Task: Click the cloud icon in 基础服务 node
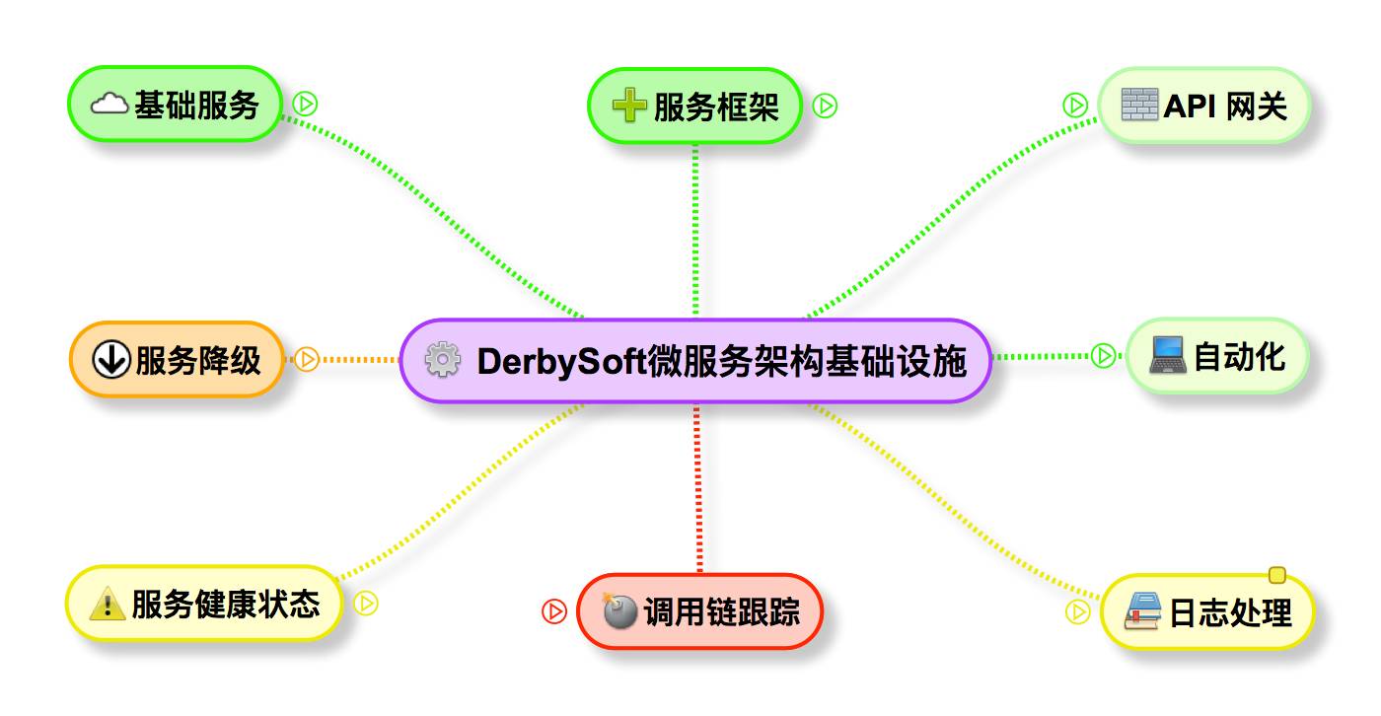pyautogui.click(x=110, y=104)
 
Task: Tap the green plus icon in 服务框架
pyautogui.click(x=629, y=106)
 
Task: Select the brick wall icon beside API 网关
pyautogui.click(x=1140, y=105)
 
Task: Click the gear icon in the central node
pyautogui.click(x=442, y=361)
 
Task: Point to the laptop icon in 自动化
pyautogui.click(x=1169, y=356)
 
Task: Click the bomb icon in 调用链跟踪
pyautogui.click(x=619, y=611)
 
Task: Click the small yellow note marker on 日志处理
pyautogui.click(x=1276, y=575)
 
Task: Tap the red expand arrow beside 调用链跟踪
pyautogui.click(x=554, y=611)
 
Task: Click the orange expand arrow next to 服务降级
pyautogui.click(x=307, y=360)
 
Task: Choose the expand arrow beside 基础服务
pyautogui.click(x=305, y=104)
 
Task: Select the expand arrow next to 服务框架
pyautogui.click(x=825, y=106)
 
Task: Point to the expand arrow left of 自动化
pyautogui.click(x=1103, y=355)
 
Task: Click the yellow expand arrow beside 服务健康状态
pyautogui.click(x=366, y=603)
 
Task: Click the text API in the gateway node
pyautogui.click(x=1188, y=105)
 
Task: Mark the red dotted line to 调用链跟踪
pyautogui.click(x=699, y=488)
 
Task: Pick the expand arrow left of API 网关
pyautogui.click(x=1075, y=105)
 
